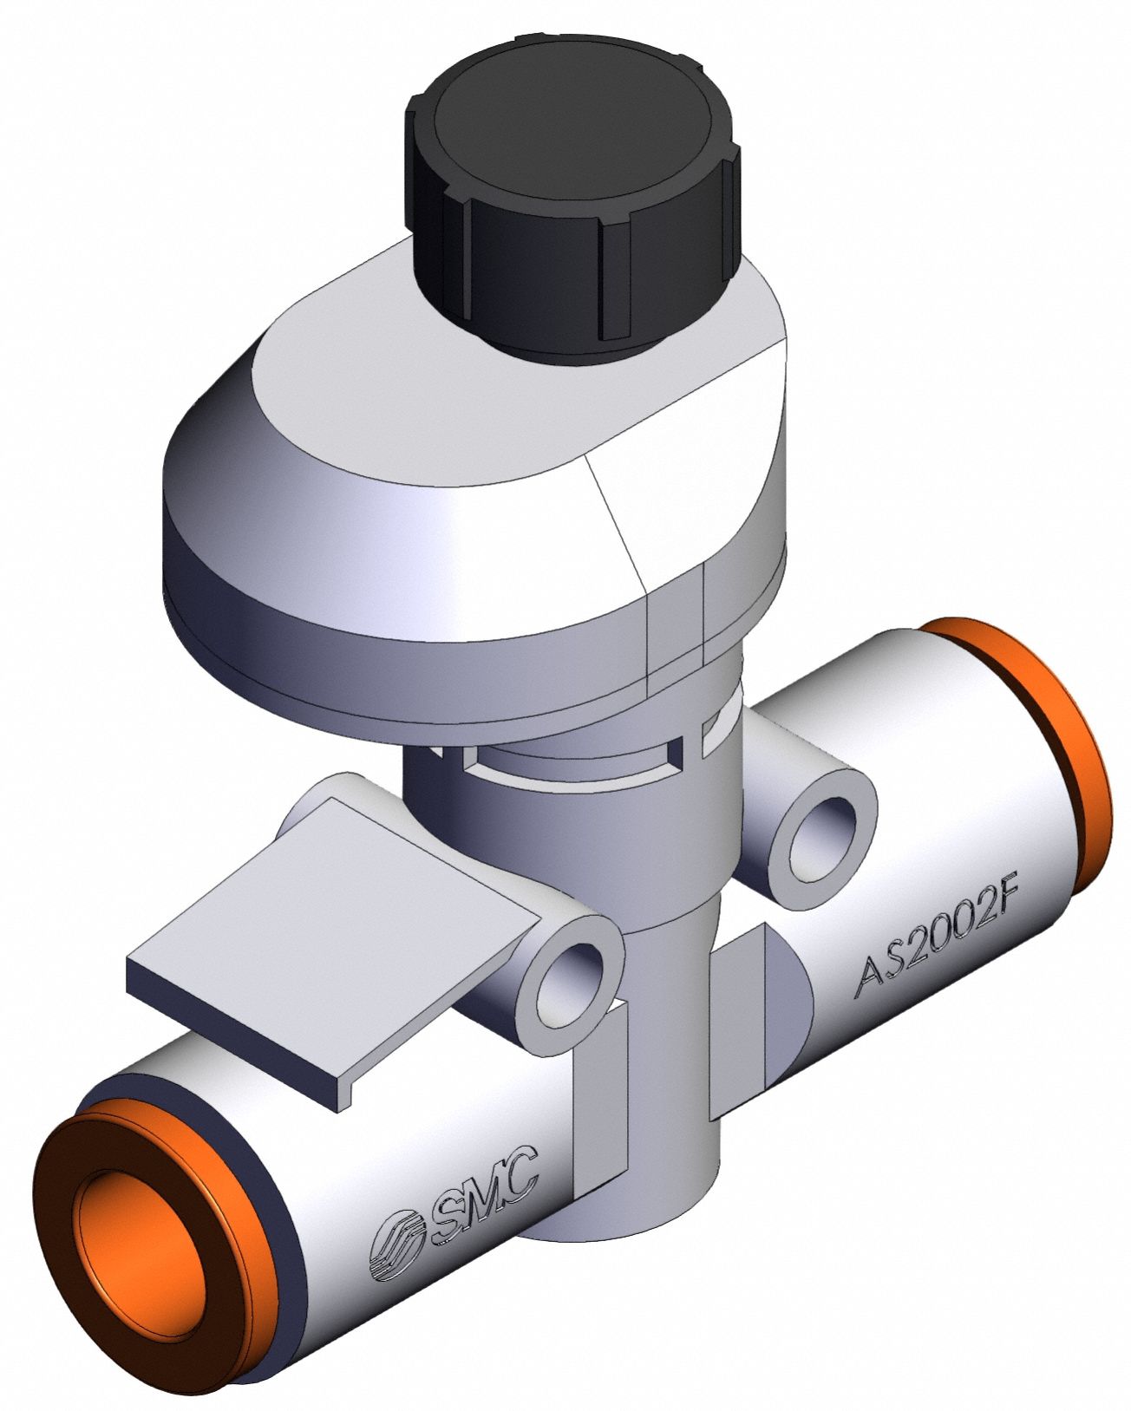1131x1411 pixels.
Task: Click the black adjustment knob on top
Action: [x=572, y=210]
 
